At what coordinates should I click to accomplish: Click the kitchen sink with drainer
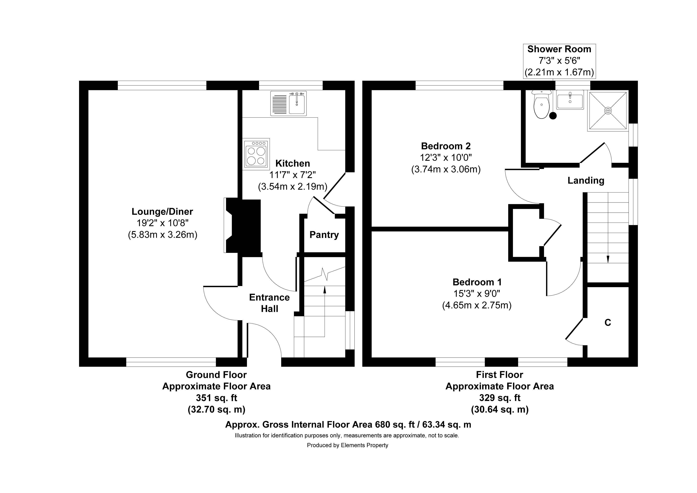[288, 103]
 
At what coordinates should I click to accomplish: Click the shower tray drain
[608, 111]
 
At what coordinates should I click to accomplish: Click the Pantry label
[324, 235]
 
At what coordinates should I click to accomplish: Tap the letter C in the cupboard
[607, 323]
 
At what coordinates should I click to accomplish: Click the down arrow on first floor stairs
[608, 259]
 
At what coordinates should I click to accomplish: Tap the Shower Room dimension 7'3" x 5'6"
[559, 61]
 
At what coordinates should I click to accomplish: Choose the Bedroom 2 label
[446, 146]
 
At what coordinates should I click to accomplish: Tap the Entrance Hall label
[269, 303]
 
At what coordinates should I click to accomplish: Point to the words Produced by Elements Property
[347, 445]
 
